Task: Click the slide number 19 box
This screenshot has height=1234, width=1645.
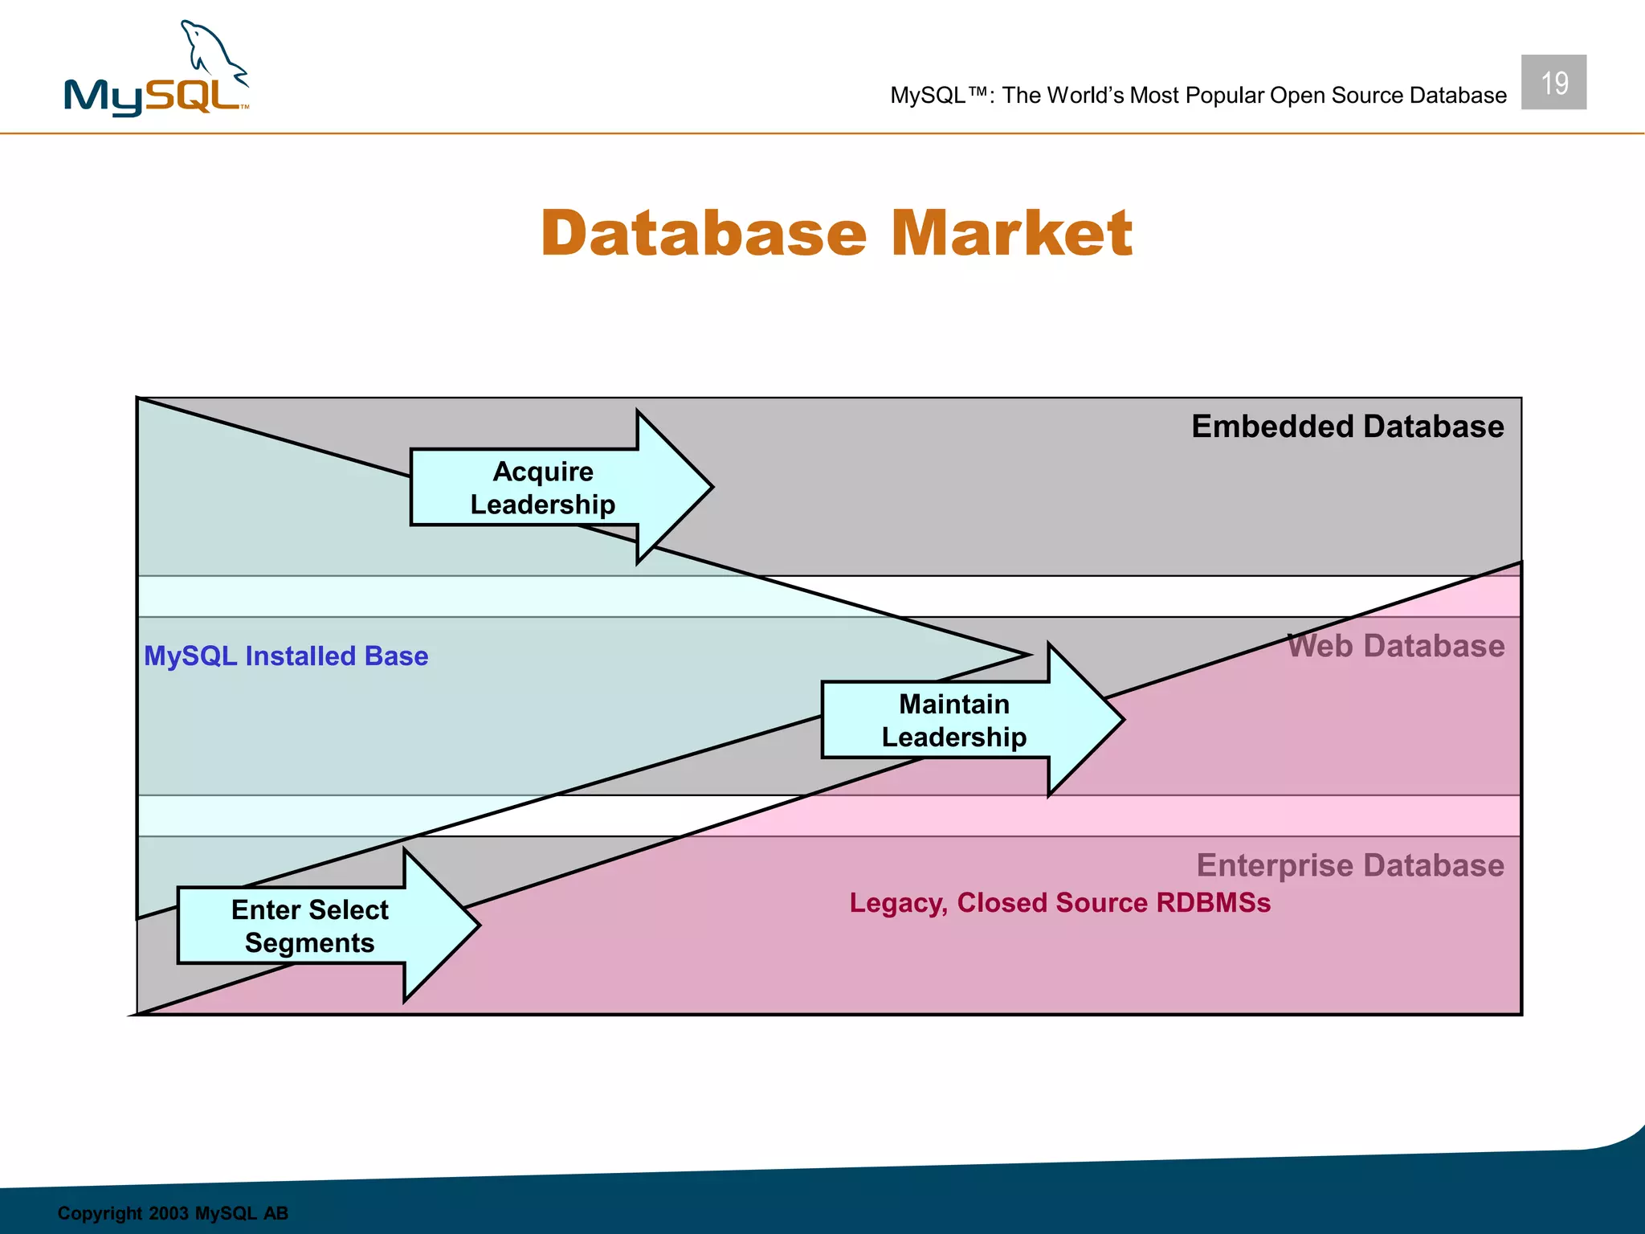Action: coord(1553,82)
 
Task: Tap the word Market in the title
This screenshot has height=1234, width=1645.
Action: coord(1011,234)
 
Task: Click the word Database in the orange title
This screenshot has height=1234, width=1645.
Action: coord(704,234)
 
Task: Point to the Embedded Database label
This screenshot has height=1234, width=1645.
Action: coord(1347,427)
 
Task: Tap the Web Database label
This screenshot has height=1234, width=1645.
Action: coord(1395,646)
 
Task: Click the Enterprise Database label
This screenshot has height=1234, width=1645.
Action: coord(1349,865)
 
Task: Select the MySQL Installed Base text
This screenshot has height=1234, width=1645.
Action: coord(286,656)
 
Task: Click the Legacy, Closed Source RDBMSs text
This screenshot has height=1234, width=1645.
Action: coord(1059,903)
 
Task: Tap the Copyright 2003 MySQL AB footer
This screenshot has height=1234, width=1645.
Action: coord(173,1213)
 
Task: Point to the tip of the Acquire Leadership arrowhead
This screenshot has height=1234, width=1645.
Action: coord(710,486)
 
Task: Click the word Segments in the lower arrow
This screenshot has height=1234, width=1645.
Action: coord(309,943)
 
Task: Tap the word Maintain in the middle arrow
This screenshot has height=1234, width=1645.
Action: coord(953,705)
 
